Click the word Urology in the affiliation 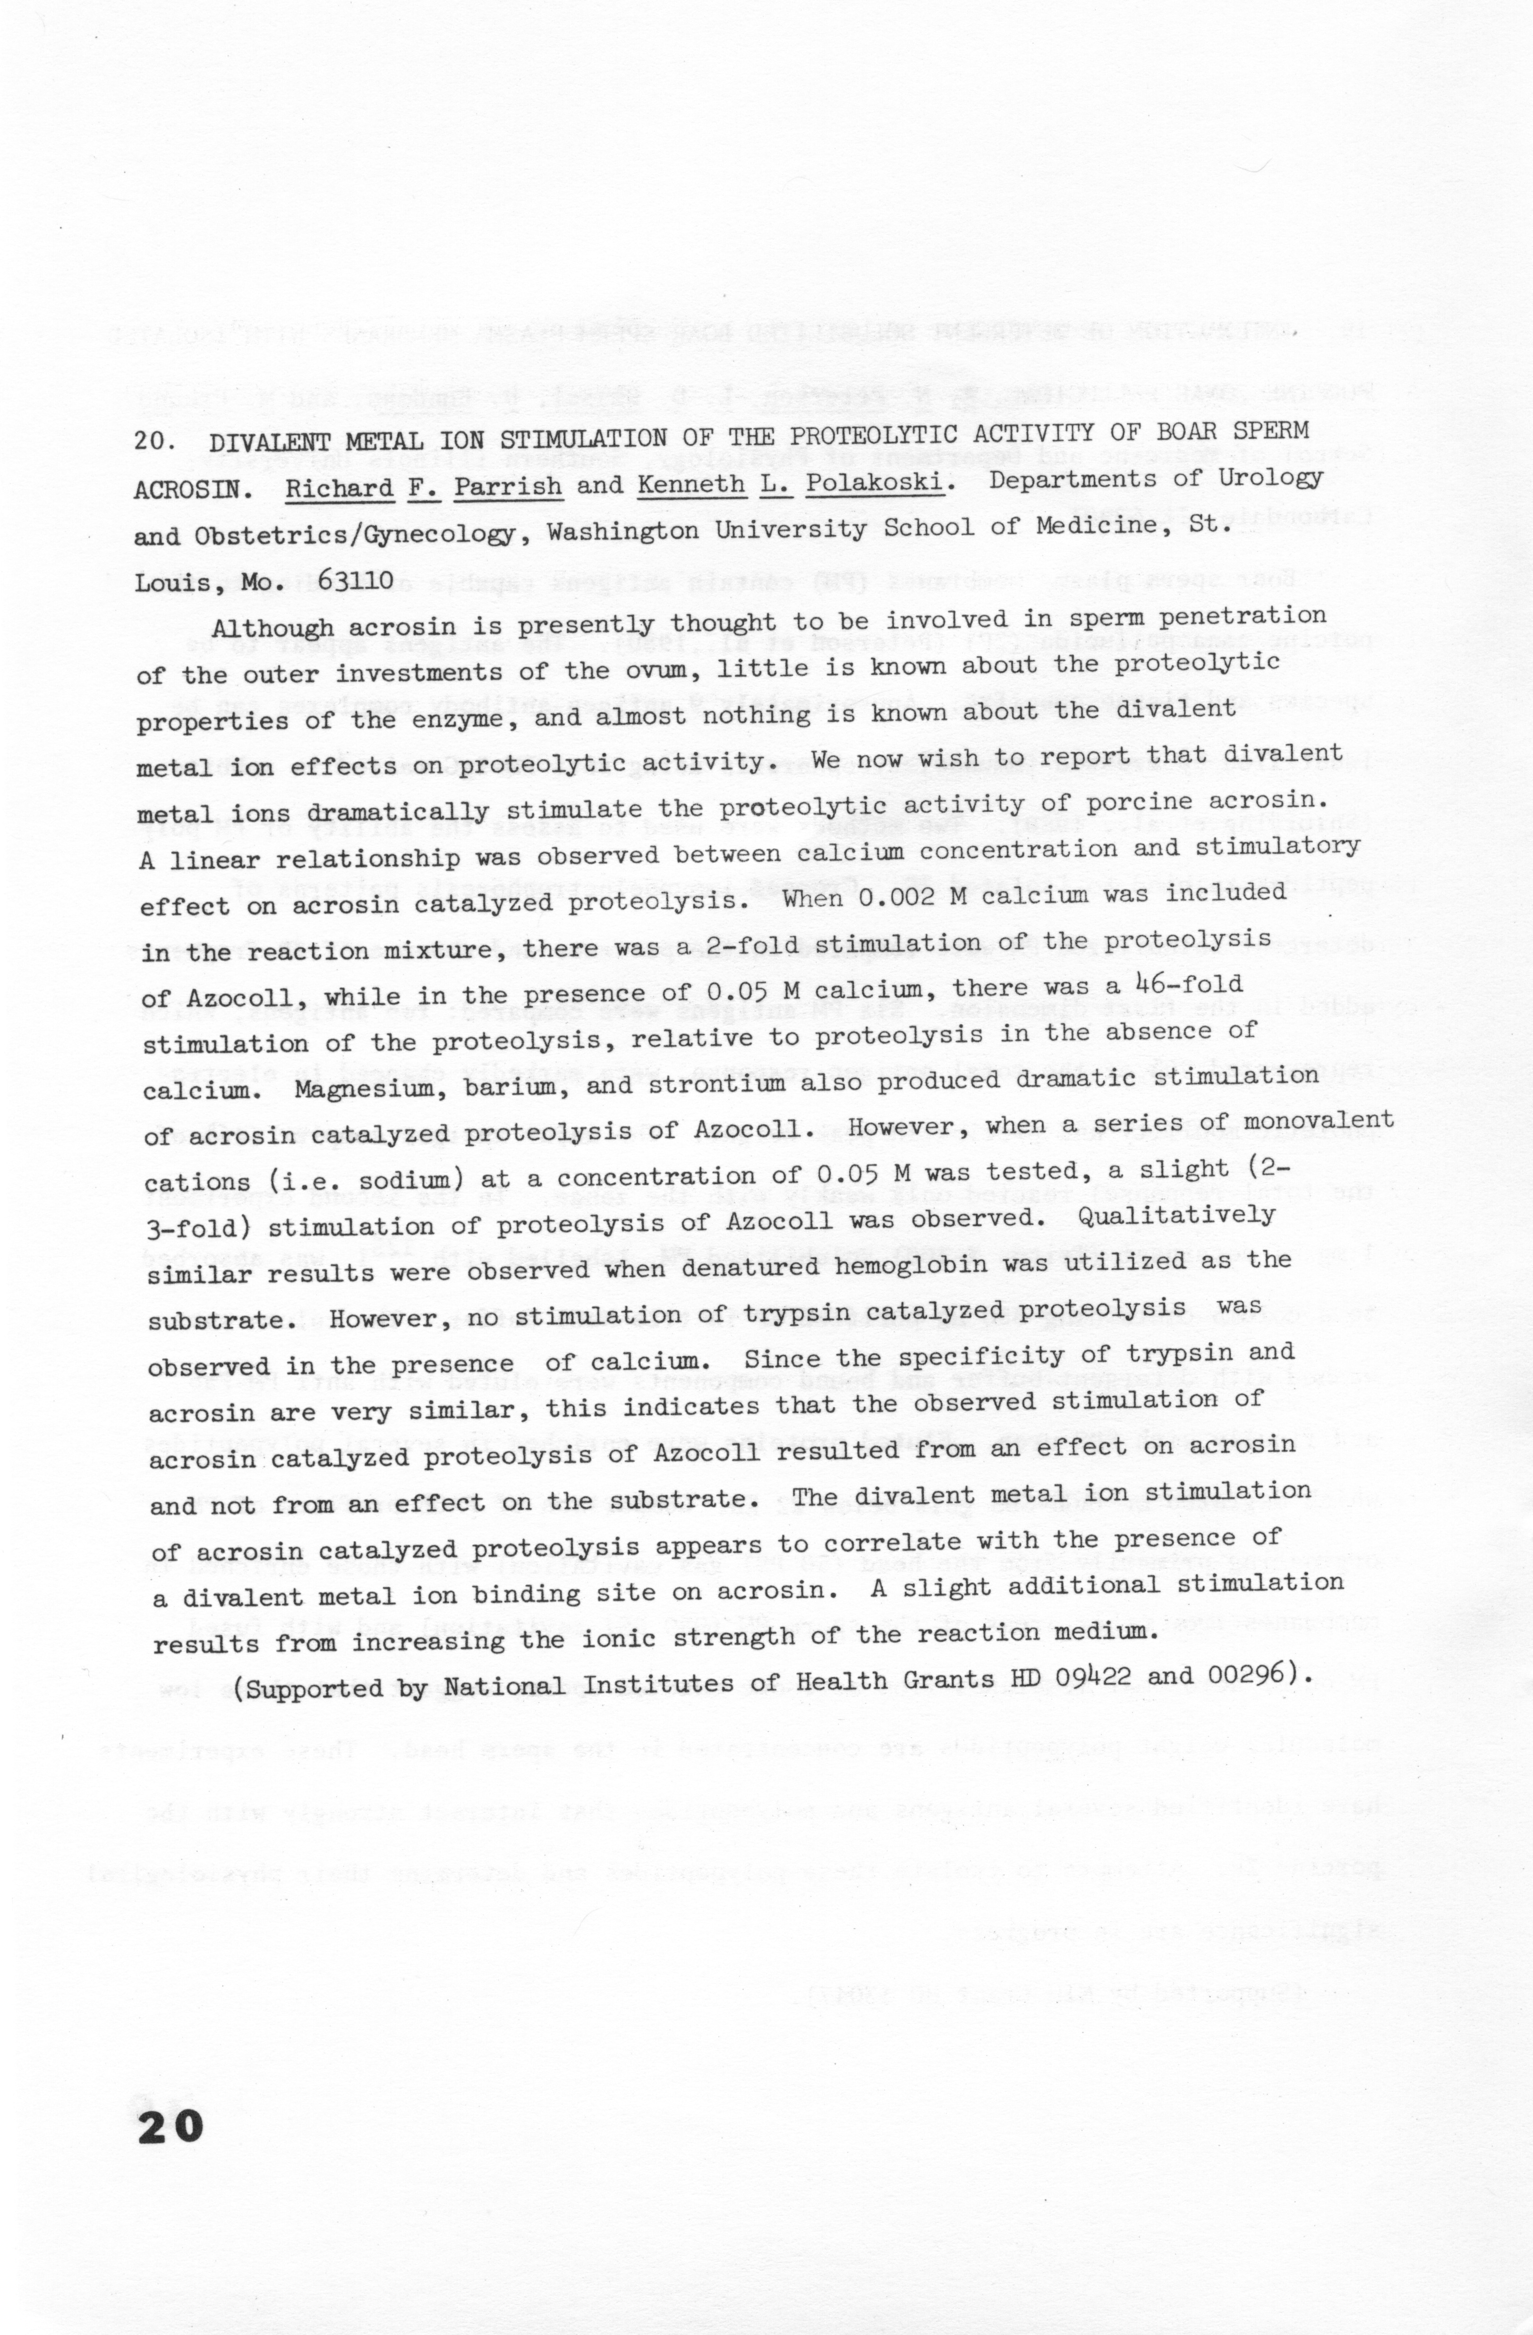tap(1268, 478)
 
